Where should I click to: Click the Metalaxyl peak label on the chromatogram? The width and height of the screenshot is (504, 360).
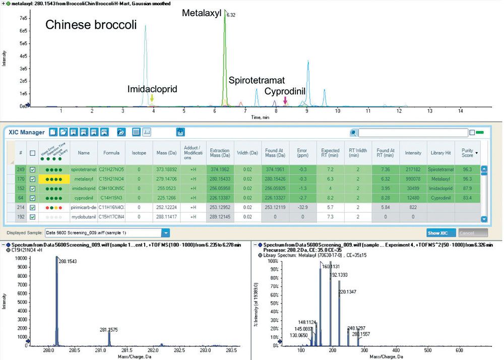202,13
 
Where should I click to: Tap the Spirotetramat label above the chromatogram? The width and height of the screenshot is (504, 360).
257,80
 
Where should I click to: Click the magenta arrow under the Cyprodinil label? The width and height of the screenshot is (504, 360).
285,100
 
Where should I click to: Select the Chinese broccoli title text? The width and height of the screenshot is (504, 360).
91,25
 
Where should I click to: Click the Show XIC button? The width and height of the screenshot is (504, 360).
440,233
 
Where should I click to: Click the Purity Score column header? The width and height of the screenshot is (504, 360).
469,152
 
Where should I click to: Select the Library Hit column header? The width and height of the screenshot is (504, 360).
441,152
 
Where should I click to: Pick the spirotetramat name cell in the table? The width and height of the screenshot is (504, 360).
84,169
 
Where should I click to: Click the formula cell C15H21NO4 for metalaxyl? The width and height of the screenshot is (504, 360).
111,178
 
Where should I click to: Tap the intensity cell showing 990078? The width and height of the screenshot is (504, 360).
412,178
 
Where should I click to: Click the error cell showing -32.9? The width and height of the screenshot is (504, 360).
302,207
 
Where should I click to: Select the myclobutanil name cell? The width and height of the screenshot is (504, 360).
84,217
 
